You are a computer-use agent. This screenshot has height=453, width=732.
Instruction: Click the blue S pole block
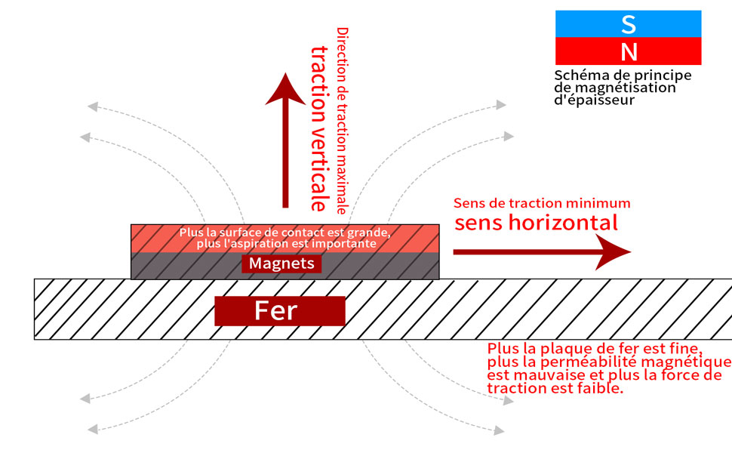628,23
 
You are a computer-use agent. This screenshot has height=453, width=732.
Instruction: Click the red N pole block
628,51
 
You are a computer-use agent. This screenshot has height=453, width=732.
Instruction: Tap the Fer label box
279,310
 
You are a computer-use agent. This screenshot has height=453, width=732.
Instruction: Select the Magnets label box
281,263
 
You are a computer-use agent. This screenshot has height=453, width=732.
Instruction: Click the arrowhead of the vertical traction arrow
285,87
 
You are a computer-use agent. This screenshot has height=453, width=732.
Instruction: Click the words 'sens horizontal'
536,223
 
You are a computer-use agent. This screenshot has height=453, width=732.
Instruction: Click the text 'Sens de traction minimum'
542,204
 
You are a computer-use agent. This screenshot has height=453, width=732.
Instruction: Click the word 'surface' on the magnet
231,233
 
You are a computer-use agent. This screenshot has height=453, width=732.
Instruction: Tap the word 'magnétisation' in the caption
633,88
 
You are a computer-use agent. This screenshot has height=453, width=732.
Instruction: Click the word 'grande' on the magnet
370,233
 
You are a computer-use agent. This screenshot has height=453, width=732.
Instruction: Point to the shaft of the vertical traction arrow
285,159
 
